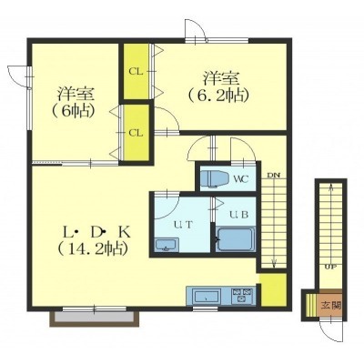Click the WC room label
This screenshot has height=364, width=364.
[241, 178]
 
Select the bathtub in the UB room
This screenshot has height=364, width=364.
[236, 239]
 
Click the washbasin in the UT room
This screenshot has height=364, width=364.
[167, 245]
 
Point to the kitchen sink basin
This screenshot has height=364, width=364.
[207, 296]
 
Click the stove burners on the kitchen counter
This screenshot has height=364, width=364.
[242, 296]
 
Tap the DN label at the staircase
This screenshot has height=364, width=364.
[273, 176]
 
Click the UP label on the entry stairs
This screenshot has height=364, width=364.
[330, 268]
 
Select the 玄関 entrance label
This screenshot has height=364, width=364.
[331, 305]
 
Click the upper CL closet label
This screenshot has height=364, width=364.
[136, 72]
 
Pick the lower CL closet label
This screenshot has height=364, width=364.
[136, 133]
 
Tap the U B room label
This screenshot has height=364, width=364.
[238, 215]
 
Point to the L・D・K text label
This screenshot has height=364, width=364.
[96, 233]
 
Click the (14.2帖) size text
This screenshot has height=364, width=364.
[92, 249]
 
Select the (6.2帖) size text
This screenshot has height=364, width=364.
[217, 96]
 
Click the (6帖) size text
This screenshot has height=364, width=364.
[72, 112]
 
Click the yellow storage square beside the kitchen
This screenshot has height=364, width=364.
[273, 290]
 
